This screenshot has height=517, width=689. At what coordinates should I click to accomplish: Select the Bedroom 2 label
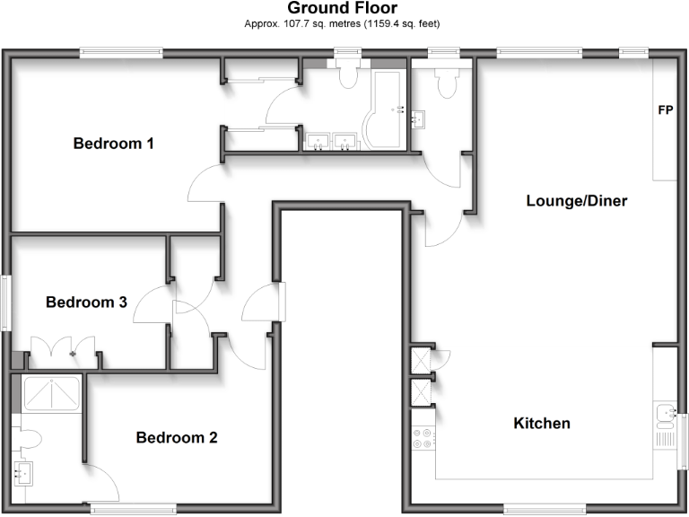click(x=177, y=438)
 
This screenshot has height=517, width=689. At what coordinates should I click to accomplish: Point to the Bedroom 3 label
click(x=86, y=302)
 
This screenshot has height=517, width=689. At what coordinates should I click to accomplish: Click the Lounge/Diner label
click(x=576, y=201)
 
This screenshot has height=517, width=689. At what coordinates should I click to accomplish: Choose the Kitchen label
click(x=542, y=423)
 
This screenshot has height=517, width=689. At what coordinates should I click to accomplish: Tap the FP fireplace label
click(x=666, y=111)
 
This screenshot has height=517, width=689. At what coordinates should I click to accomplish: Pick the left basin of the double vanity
click(x=318, y=140)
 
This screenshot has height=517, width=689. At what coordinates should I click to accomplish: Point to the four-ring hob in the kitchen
click(x=422, y=438)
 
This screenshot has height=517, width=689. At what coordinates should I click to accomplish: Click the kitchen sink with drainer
click(x=665, y=422)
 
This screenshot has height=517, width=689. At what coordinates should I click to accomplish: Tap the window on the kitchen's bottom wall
click(x=537, y=510)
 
